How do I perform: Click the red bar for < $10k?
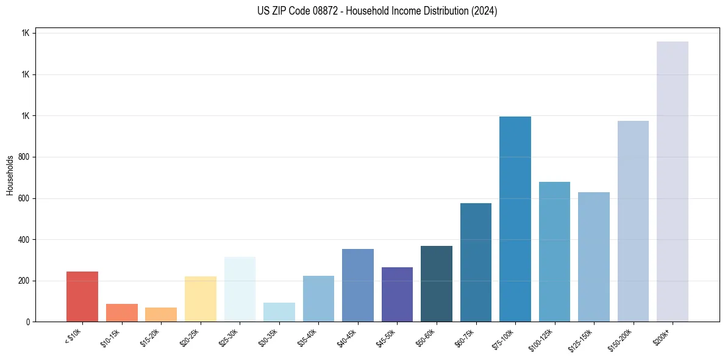(x=82, y=297)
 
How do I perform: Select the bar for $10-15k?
(x=121, y=312)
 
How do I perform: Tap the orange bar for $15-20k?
(x=161, y=314)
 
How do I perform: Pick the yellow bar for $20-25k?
(x=200, y=299)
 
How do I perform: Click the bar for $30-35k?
(x=279, y=312)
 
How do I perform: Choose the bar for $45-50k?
(x=397, y=294)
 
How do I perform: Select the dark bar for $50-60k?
(x=437, y=284)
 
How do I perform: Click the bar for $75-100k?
(x=515, y=219)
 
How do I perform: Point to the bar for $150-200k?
(x=633, y=221)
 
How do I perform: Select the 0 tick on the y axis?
(x=28, y=322)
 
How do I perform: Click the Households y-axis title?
(x=10, y=175)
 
